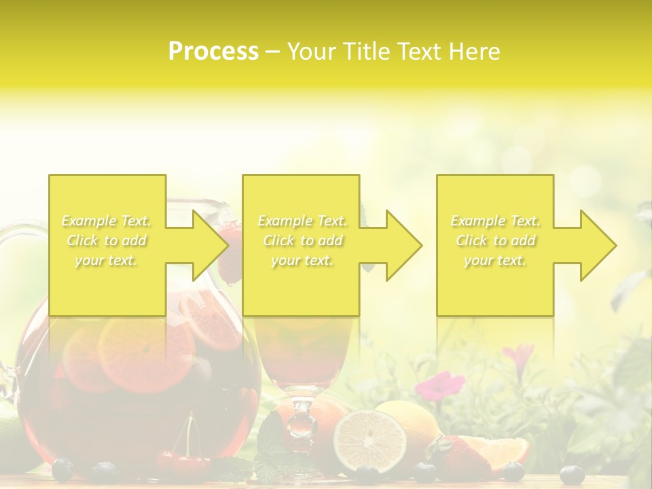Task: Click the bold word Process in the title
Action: (x=213, y=52)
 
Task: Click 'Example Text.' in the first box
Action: (x=107, y=221)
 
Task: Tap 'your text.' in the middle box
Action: (x=302, y=260)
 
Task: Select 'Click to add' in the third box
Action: (x=496, y=240)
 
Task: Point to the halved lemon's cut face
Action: (x=369, y=441)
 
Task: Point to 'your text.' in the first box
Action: (x=107, y=260)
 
